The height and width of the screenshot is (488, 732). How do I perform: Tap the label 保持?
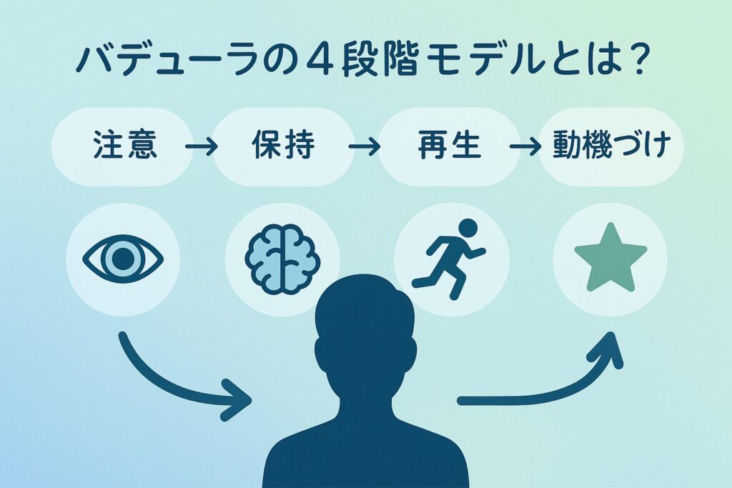pos(283,148)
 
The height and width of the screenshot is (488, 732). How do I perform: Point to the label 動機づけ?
pos(612,148)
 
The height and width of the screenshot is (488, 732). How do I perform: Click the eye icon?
pos(123,258)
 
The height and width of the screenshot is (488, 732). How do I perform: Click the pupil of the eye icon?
pos(123,258)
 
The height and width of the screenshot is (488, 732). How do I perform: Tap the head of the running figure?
pos(468,228)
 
